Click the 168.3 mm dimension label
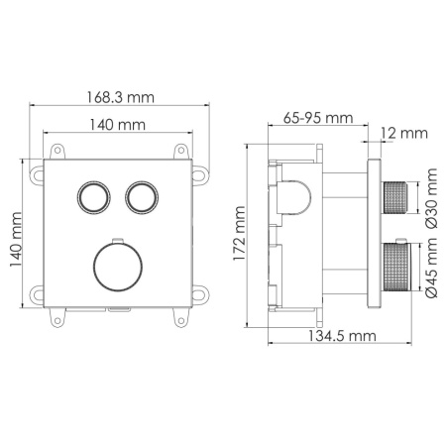pyautogui.click(x=121, y=97)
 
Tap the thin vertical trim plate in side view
pyautogui.click(x=374, y=236)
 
